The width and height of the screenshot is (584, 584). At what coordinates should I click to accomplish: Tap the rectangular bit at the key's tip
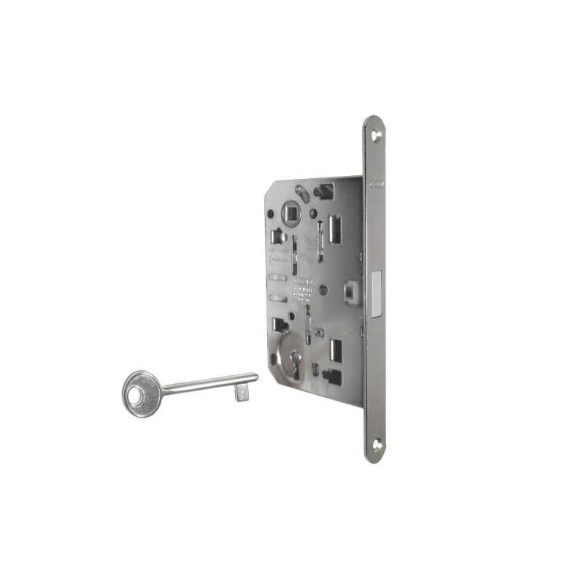point(240,393)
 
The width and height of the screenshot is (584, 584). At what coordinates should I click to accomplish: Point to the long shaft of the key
point(208,384)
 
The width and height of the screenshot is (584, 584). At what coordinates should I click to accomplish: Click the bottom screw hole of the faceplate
point(377,442)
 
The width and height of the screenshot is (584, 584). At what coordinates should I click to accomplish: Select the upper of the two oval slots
point(276,278)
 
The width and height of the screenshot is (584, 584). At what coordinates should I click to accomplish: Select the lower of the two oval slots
point(276,298)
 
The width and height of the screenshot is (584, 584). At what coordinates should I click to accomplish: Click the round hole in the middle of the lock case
point(323,290)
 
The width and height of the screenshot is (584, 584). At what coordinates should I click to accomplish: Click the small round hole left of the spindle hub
point(271,214)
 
